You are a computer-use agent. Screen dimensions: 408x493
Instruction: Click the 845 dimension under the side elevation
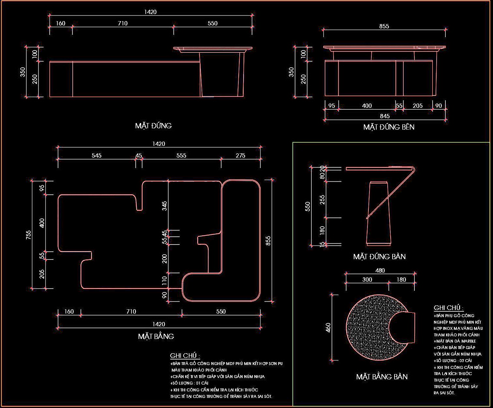pyautogui.click(x=385, y=116)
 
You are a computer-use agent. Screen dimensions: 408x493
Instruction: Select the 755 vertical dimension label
pyautogui.click(x=29, y=235)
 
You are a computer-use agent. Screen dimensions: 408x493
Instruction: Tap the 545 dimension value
pyautogui.click(x=96, y=156)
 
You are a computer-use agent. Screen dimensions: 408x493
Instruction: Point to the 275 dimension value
pyautogui.click(x=240, y=156)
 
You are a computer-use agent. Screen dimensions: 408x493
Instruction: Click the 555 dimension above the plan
pyautogui.click(x=181, y=156)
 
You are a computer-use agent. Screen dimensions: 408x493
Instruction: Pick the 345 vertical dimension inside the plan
pyautogui.click(x=165, y=206)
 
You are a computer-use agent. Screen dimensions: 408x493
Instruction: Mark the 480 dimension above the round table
pyautogui.click(x=380, y=270)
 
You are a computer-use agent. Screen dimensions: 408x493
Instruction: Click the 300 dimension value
pyautogui.click(x=367, y=279)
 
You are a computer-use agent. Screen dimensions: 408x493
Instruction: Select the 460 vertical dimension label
pyautogui.click(x=328, y=328)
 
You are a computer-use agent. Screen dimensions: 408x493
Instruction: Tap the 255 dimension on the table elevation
pyautogui.click(x=322, y=200)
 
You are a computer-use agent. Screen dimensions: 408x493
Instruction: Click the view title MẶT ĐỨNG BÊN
pyautogui.click(x=389, y=127)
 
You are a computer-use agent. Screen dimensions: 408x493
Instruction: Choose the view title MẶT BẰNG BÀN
pyautogui.click(x=382, y=377)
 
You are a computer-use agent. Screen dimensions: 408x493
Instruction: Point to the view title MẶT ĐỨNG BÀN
pyautogui.click(x=379, y=257)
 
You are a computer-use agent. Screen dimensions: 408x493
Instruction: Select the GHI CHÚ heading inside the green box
pyautogui.click(x=448, y=308)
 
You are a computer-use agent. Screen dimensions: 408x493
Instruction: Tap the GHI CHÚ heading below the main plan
pyautogui.click(x=185, y=356)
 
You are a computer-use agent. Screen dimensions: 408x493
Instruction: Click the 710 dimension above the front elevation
pyautogui.click(x=123, y=23)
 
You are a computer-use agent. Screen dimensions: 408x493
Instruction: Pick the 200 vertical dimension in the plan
pyautogui.click(x=165, y=259)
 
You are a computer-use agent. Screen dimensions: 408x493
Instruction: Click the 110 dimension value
pyautogui.click(x=165, y=279)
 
